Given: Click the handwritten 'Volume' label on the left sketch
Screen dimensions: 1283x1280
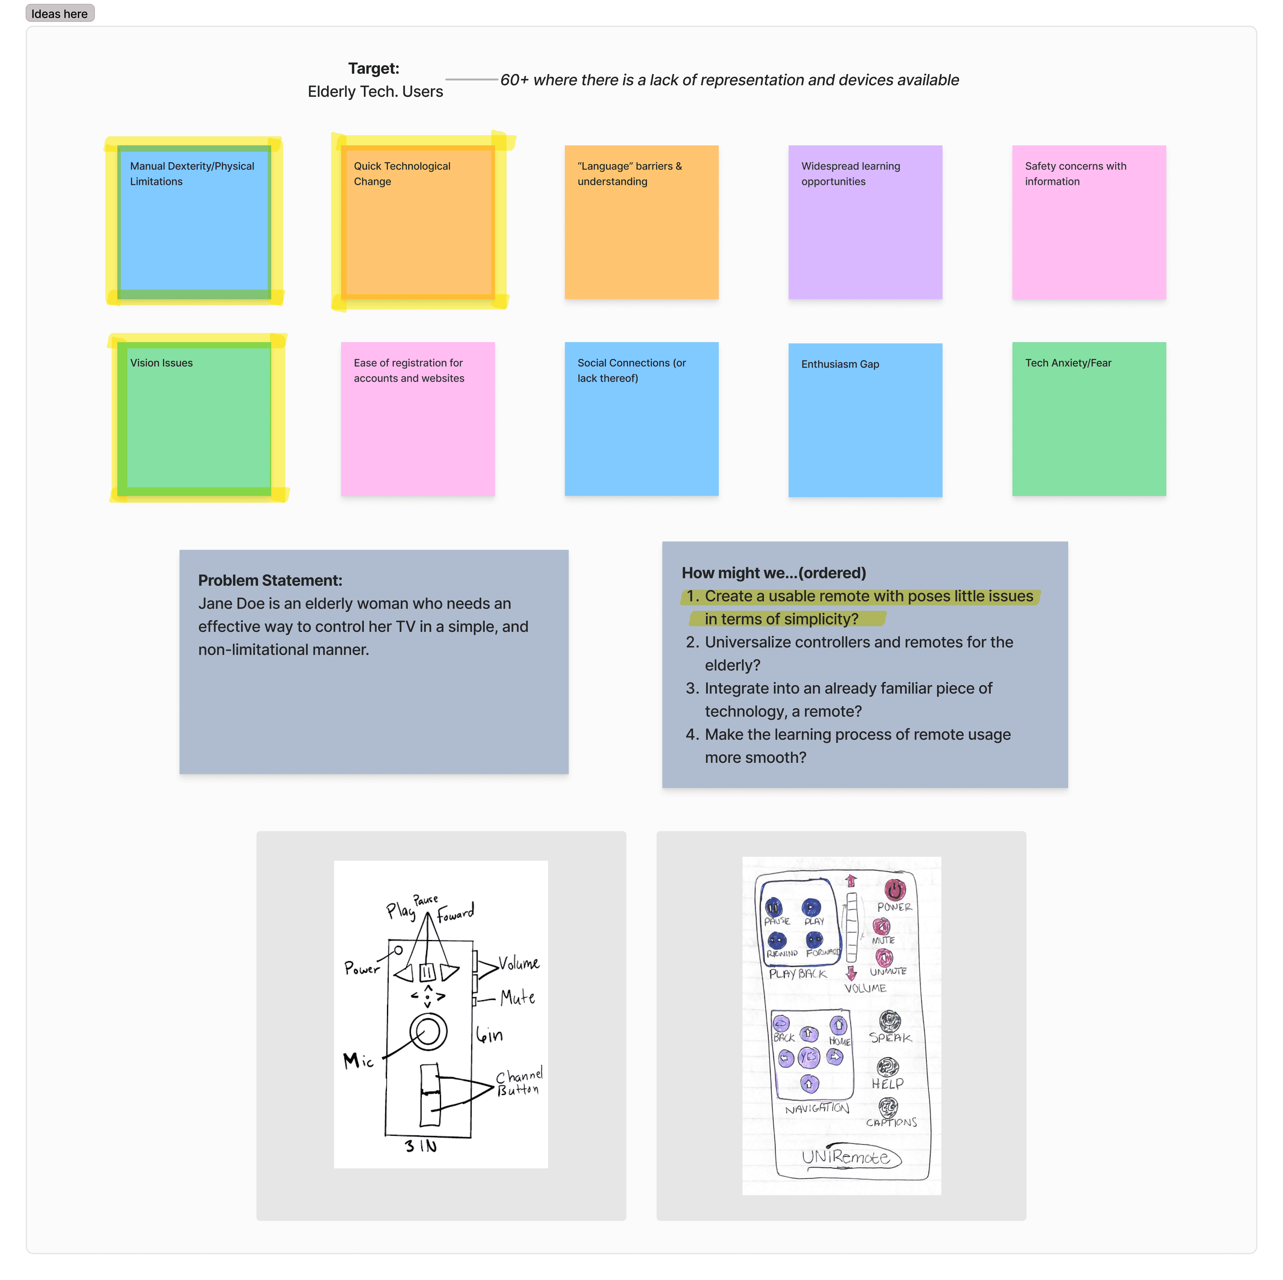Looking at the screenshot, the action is tap(519, 963).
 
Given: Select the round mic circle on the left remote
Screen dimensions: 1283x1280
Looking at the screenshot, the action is tap(428, 1032).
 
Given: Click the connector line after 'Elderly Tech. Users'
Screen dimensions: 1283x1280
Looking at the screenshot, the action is tap(472, 80).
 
